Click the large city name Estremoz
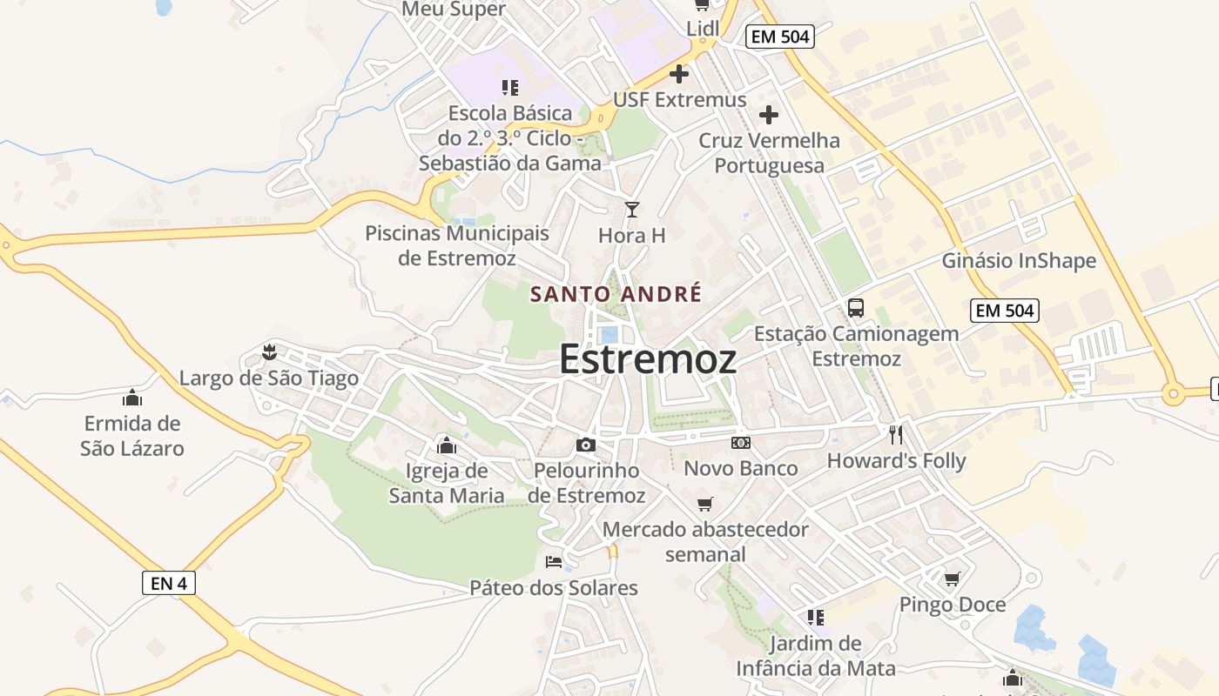click(x=648, y=358)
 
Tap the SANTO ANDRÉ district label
click(x=616, y=294)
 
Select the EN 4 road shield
click(x=169, y=583)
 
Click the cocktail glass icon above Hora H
click(x=632, y=210)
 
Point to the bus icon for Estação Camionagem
click(x=856, y=308)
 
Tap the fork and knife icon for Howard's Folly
click(x=896, y=434)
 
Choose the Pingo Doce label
click(x=952, y=605)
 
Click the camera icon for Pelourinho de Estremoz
click(x=586, y=445)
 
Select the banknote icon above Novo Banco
click(x=740, y=443)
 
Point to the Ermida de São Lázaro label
click(x=132, y=436)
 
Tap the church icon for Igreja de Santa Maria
click(x=447, y=445)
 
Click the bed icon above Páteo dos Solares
click(x=554, y=561)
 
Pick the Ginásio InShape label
click(x=1019, y=261)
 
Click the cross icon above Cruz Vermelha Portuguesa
click(x=769, y=114)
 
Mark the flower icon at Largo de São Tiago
click(x=268, y=352)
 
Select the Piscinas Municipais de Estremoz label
click(x=457, y=245)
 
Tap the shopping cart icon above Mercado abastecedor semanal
click(x=705, y=504)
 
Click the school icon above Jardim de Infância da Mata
click(x=815, y=618)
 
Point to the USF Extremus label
click(x=680, y=99)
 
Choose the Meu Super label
click(x=454, y=10)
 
